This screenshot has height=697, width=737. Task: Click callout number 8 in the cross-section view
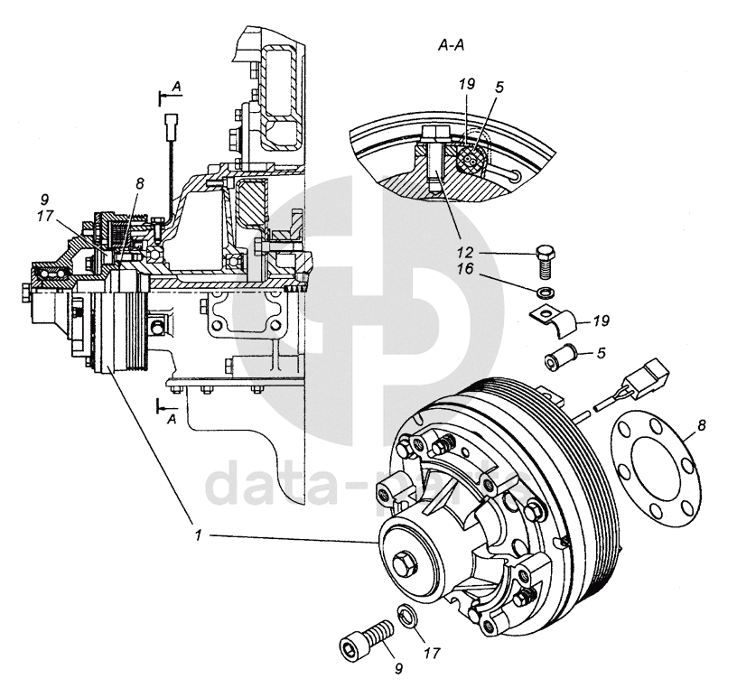(139, 184)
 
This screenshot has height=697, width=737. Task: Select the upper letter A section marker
(177, 86)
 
